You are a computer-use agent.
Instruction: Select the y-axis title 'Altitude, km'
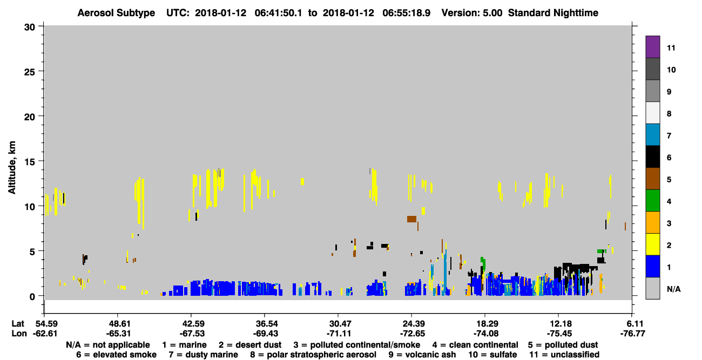tap(11, 168)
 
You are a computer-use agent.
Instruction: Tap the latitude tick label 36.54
tap(265, 324)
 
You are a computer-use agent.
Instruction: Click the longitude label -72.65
tap(412, 334)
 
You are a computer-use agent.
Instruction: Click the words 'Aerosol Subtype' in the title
tap(116, 13)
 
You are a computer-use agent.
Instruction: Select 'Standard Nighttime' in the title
tap(553, 13)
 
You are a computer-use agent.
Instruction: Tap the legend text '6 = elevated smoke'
tap(116, 355)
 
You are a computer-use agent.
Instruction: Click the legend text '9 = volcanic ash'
tap(422, 355)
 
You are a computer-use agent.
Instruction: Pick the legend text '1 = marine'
tap(184, 345)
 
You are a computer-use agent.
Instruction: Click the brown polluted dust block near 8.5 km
tap(411, 219)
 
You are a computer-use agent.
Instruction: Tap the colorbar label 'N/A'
tap(673, 289)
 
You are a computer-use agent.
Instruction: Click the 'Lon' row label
tap(19, 334)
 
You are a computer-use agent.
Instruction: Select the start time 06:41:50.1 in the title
tap(278, 13)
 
